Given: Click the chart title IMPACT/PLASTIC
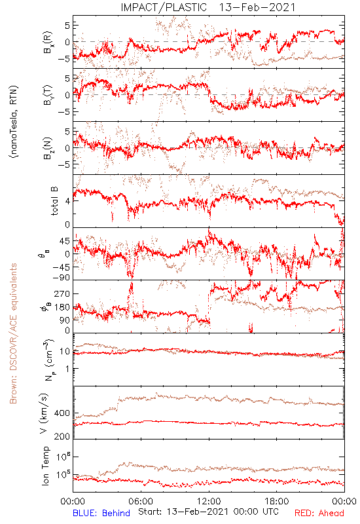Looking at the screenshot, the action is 164,7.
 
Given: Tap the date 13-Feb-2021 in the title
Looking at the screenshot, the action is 257,7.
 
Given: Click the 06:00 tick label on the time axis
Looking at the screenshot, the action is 141,501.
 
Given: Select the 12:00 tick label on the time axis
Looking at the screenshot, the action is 209,501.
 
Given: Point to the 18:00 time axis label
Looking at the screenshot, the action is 277,501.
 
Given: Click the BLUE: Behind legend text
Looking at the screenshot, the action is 101,513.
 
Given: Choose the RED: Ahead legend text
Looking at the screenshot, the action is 319,513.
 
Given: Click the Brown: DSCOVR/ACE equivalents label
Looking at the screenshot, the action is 13,333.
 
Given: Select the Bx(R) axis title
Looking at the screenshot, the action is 48,43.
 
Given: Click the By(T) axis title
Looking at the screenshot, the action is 48,95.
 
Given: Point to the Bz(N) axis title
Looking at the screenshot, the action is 48,148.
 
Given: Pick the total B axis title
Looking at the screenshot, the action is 54,201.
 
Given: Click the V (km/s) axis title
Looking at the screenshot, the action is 44,413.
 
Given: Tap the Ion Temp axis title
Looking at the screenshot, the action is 45,466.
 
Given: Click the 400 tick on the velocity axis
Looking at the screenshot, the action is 62,413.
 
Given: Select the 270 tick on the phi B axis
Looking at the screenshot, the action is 62,294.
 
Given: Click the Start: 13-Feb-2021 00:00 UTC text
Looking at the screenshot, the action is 208,512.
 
